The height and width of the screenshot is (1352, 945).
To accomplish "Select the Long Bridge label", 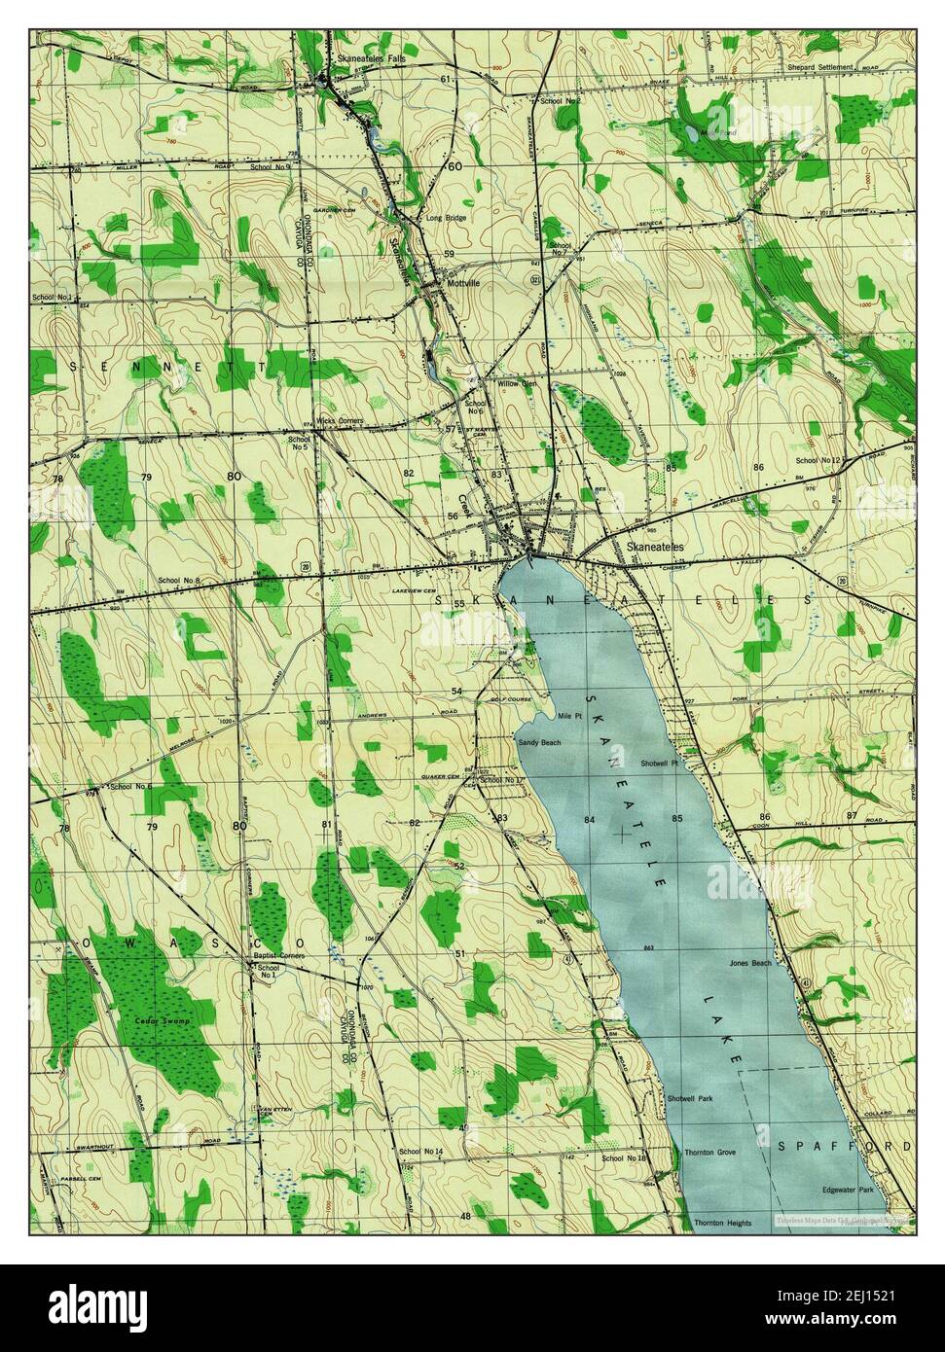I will (x=446, y=218).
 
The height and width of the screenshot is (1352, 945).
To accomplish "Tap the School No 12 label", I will (x=818, y=460).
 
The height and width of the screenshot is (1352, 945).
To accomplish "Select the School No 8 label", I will (x=178, y=582).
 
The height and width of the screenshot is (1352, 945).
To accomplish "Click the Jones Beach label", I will (x=749, y=963).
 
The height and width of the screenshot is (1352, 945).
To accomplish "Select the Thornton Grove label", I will (x=709, y=1152).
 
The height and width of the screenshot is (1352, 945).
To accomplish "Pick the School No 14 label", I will (x=420, y=1152).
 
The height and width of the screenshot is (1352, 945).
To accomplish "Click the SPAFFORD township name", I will (x=843, y=1147).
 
